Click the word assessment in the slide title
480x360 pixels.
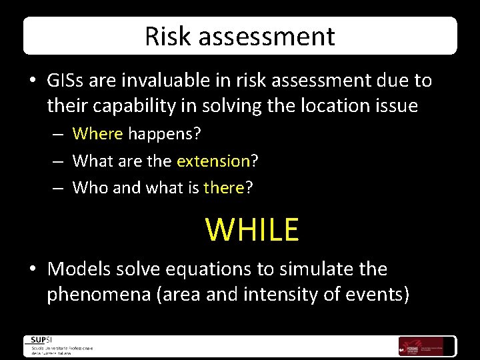point(260,36)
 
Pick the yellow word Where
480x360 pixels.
point(97,134)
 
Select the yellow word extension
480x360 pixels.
point(213,161)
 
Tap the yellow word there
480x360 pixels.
point(224,188)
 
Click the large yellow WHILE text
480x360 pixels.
point(252,229)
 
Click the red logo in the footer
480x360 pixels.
point(411,345)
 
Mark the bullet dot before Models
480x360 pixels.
point(33,270)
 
